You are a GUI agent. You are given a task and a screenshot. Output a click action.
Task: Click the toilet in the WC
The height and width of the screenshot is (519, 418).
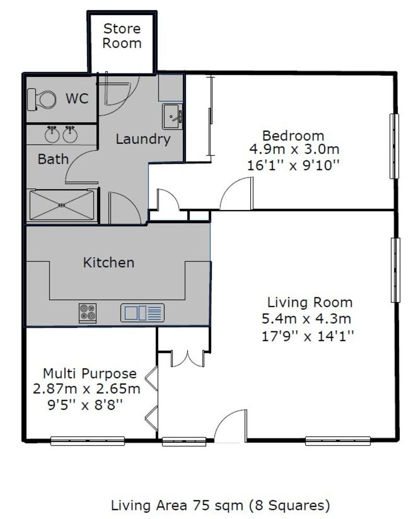pyautogui.click(x=41, y=99)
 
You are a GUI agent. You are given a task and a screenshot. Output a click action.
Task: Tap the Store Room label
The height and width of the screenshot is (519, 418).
pyautogui.click(x=122, y=36)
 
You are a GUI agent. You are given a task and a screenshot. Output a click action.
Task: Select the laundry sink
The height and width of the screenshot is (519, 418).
pyautogui.click(x=172, y=116)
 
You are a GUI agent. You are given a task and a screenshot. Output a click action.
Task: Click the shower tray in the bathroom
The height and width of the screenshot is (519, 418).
pyautogui.click(x=62, y=205)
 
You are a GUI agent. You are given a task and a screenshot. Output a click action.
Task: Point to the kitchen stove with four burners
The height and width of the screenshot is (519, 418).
pyautogui.click(x=88, y=313)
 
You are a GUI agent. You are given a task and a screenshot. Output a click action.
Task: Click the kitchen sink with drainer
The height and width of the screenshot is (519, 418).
pyautogui.click(x=142, y=313)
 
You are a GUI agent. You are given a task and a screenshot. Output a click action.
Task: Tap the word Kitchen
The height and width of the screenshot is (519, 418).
pyautogui.click(x=109, y=262)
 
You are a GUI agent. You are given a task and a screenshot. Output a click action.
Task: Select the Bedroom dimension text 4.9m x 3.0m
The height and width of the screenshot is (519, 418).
pyautogui.click(x=294, y=149)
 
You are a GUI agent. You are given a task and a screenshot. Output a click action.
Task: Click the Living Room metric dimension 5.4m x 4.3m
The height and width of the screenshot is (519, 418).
pyautogui.click(x=306, y=319)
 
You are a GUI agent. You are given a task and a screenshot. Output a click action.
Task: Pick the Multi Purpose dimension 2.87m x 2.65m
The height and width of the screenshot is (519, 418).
pyautogui.click(x=87, y=388)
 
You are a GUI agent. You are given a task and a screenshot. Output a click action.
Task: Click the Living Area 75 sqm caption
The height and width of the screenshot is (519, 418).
pyautogui.click(x=220, y=505)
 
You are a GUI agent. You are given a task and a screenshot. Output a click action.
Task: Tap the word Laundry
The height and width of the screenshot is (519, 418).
pyautogui.click(x=143, y=139)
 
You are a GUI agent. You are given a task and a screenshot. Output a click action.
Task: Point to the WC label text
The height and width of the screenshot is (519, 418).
pyautogui.click(x=77, y=99)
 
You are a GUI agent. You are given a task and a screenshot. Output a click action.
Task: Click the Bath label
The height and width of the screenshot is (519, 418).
pyautogui.click(x=53, y=159)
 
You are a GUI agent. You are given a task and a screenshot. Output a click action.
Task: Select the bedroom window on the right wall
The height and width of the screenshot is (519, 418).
pyautogui.click(x=394, y=146)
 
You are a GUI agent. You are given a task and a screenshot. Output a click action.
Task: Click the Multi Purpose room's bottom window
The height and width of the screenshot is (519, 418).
pyautogui.click(x=87, y=441)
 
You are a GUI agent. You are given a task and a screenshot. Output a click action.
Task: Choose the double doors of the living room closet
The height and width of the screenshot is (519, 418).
pyautogui.click(x=188, y=359)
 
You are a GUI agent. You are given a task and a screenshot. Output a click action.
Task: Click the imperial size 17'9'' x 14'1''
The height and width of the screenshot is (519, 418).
pyautogui.click(x=307, y=336)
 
